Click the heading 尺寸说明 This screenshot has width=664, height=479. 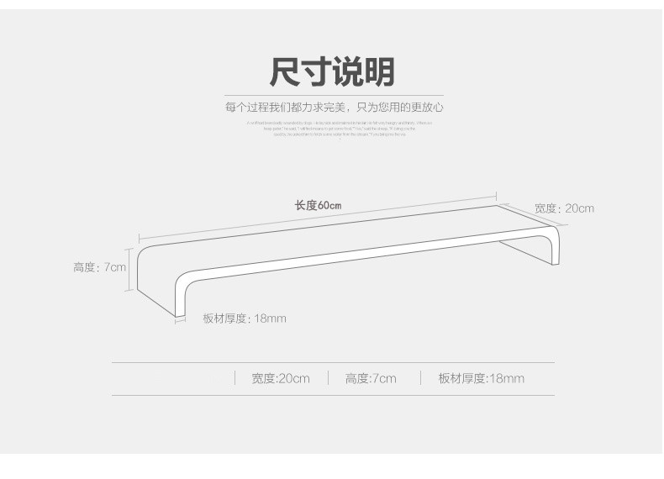[x=331, y=72]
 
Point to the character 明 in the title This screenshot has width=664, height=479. [x=379, y=72]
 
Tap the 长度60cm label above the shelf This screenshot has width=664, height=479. [x=318, y=205]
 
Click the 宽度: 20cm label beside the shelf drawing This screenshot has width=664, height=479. [x=564, y=208]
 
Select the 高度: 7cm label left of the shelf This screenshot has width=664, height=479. [x=99, y=267]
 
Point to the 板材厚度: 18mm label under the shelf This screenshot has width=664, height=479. [x=244, y=318]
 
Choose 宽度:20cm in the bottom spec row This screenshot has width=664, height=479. [x=280, y=378]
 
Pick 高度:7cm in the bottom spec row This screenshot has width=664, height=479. [x=371, y=378]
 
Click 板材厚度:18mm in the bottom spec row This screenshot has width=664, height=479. [x=481, y=378]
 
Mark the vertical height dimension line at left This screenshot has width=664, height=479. [x=129, y=269]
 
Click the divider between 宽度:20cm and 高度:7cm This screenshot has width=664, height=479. [x=328, y=378]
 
